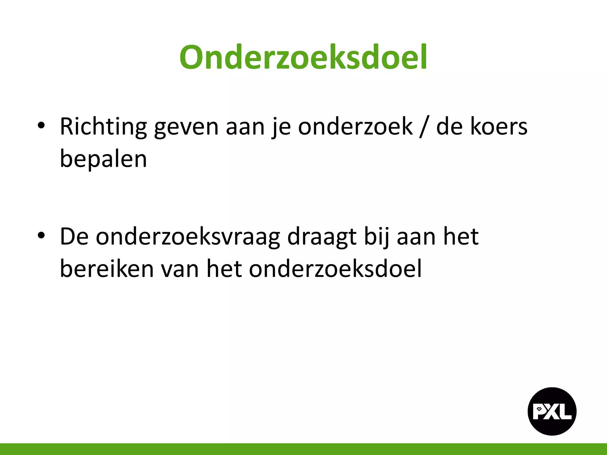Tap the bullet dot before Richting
click(41, 125)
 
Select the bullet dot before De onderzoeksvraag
click(41, 235)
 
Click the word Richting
click(103, 127)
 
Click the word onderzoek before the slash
click(355, 127)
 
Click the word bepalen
click(103, 159)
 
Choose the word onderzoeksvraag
click(188, 237)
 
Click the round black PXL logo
click(552, 411)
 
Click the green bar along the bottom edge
click(303, 449)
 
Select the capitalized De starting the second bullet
click(74, 237)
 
